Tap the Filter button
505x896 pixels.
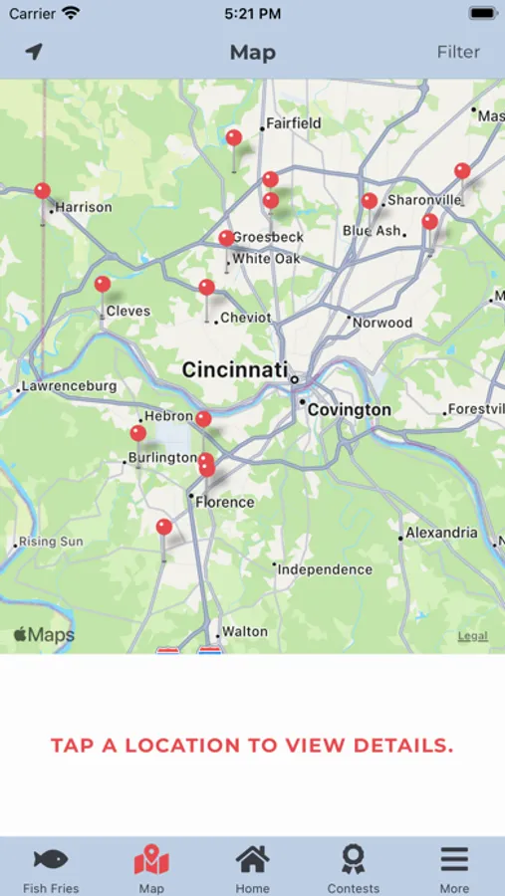point(458,52)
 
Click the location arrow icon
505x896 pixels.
point(35,52)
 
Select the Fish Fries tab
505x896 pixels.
point(51,868)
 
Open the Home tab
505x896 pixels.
point(252,868)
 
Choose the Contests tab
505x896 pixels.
point(353,868)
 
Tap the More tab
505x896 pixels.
point(454,868)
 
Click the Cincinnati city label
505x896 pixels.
point(234,370)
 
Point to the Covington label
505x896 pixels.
point(349,410)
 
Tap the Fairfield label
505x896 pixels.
point(293,123)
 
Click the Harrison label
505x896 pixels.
point(84,208)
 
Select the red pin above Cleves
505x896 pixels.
point(103,285)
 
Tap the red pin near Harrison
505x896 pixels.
point(42,191)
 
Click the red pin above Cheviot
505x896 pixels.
point(206,288)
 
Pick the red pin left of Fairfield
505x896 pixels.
point(234,138)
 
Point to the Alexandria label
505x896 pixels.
point(441,533)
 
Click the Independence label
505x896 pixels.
point(325,569)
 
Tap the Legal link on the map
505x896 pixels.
point(472,636)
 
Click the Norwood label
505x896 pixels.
point(382,323)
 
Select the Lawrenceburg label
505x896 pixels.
point(69,386)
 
